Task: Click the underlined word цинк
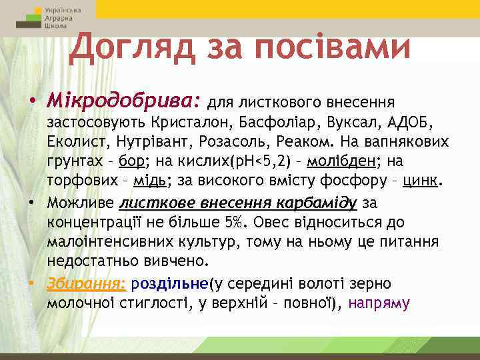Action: pyautogui.click(x=421, y=181)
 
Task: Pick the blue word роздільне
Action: pyautogui.click(x=170, y=284)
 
